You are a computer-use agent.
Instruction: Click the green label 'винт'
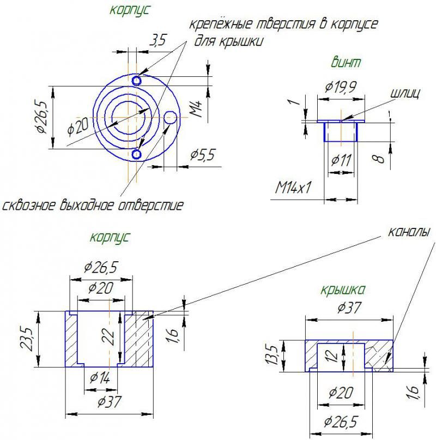click(346, 62)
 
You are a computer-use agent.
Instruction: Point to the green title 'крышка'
click(343, 289)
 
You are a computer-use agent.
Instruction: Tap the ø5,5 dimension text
click(203, 155)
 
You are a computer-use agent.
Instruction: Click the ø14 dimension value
click(100, 377)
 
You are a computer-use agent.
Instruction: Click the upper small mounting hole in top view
click(136, 80)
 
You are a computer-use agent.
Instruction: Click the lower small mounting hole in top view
click(136, 155)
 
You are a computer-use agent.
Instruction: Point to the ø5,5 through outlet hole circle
click(171, 116)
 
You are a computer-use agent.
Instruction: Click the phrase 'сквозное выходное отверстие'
click(93, 206)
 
